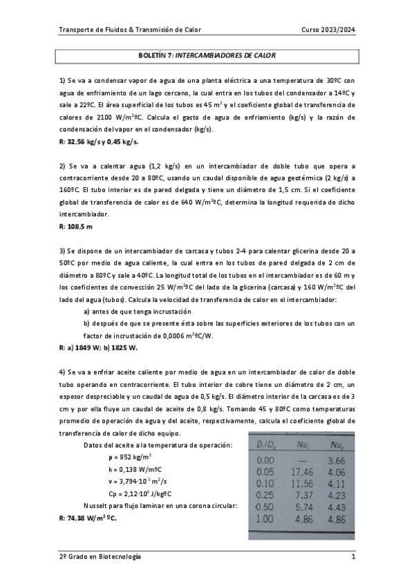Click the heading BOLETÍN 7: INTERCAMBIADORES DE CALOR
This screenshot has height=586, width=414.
click(x=207, y=54)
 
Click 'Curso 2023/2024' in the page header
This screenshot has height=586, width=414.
click(x=328, y=30)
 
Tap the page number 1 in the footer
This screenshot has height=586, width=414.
click(x=353, y=556)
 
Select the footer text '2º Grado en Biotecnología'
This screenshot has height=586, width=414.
click(x=100, y=556)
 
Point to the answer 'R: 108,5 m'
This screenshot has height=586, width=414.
click(x=75, y=226)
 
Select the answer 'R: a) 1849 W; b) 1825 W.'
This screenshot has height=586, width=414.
click(x=98, y=348)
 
